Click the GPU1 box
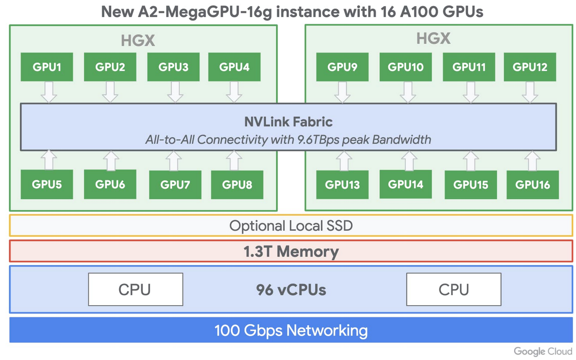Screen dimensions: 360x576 (x=47, y=67)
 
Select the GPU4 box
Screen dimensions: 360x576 (x=234, y=67)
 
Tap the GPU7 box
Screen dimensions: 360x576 (x=175, y=185)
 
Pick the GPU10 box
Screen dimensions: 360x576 (x=405, y=67)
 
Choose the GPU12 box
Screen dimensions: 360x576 (x=530, y=67)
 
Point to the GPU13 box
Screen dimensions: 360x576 (x=342, y=185)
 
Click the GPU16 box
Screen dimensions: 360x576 (x=532, y=185)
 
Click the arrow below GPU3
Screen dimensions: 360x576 (x=175, y=92)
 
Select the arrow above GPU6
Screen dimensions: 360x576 (x=111, y=161)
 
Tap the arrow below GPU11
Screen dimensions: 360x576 (x=471, y=92)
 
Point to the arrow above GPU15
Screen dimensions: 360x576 (x=471, y=161)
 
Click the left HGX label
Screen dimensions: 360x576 (x=138, y=40)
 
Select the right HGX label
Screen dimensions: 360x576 (x=433, y=38)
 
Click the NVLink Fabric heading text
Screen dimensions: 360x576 (x=288, y=122)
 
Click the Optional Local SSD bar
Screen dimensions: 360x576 (x=291, y=226)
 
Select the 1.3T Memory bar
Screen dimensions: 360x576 (x=291, y=251)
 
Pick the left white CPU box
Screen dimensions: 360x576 (x=135, y=289)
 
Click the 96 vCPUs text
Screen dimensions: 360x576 (x=291, y=290)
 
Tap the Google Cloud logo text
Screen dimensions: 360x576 (x=543, y=351)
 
